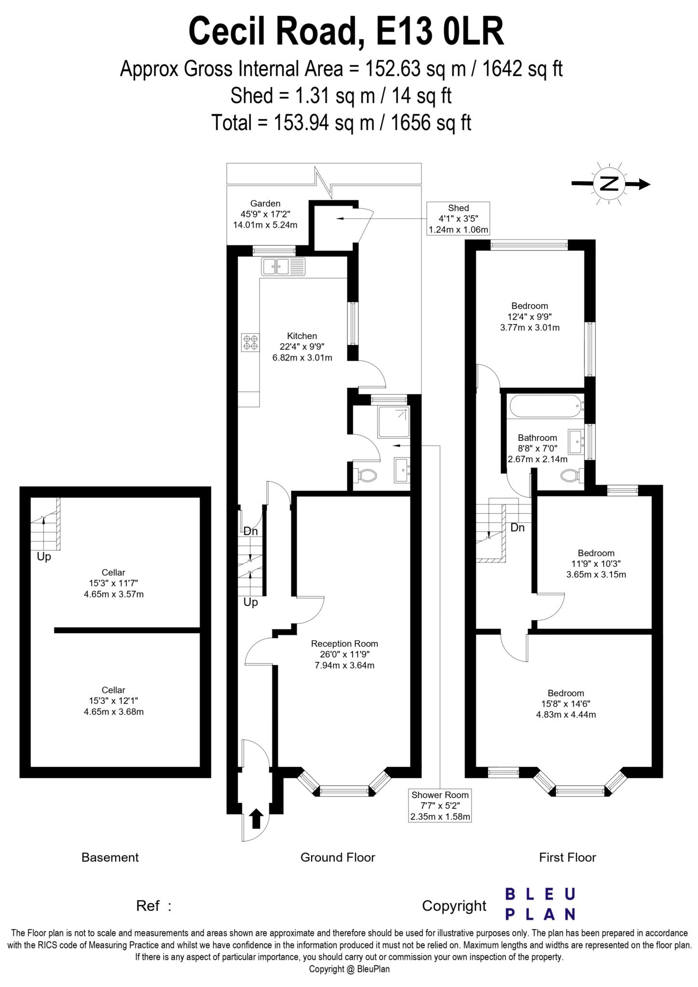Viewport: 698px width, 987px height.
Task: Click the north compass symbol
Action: pyautogui.click(x=609, y=184)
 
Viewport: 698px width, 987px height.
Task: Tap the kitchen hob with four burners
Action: pyautogui.click(x=250, y=342)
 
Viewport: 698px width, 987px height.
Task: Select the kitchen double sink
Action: pyautogui.click(x=283, y=266)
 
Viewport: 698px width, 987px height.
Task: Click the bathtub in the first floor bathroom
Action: pyautogui.click(x=545, y=406)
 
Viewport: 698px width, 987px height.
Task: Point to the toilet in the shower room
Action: pyautogui.click(x=365, y=476)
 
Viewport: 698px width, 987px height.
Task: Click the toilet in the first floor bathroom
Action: pyautogui.click(x=572, y=476)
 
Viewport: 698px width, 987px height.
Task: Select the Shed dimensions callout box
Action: pyautogui.click(x=458, y=218)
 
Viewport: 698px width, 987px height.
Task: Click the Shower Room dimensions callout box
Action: pyautogui.click(x=439, y=805)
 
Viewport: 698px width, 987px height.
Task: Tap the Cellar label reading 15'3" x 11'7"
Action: pyautogui.click(x=113, y=583)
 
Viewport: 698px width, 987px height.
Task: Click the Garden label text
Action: pyautogui.click(x=265, y=214)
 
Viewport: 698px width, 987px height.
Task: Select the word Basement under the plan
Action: pyautogui.click(x=110, y=857)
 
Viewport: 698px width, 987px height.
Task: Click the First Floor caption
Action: pyautogui.click(x=567, y=857)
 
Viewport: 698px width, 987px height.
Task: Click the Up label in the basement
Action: pyautogui.click(x=44, y=557)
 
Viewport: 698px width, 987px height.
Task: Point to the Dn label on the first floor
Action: pyautogui.click(x=517, y=528)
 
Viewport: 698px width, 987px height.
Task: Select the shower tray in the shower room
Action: pyautogui.click(x=394, y=422)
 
